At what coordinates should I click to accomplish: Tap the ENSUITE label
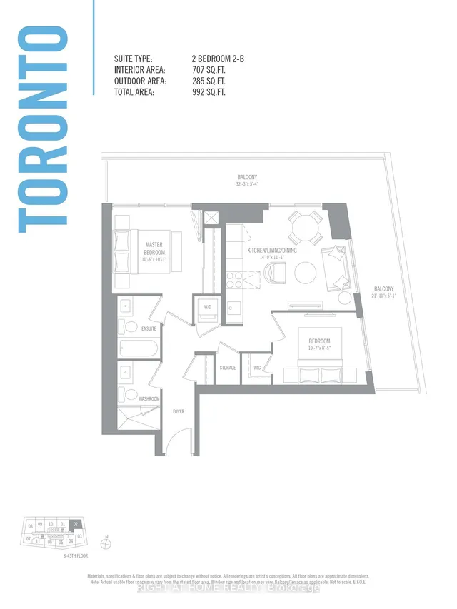pos(149,329)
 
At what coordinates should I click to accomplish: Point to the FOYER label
pos(179,411)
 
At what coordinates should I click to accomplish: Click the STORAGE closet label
pos(228,368)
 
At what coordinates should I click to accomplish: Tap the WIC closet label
pos(256,368)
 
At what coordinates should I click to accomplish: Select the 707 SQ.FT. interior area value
pos(208,70)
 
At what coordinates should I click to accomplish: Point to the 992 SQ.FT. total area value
pos(208,91)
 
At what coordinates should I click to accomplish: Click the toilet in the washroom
pos(131,398)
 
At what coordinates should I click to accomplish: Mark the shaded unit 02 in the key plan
pos(76,525)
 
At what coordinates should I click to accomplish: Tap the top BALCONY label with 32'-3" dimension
pos(247,179)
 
